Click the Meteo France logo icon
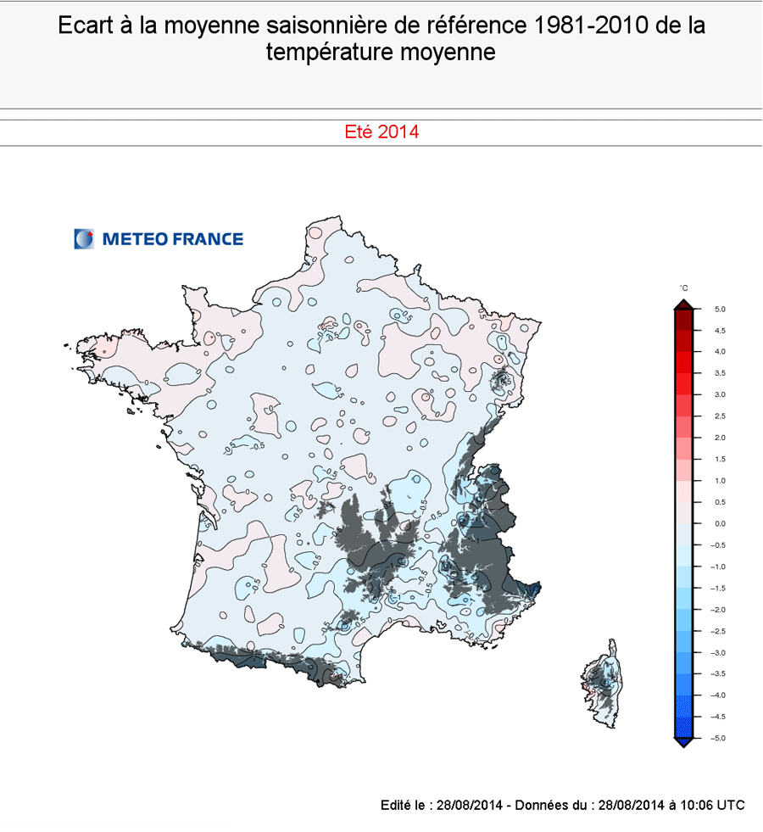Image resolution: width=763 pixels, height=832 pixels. [x=85, y=239]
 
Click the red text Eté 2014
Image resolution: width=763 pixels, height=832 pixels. [x=381, y=132]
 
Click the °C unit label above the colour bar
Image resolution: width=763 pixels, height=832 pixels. [x=684, y=289]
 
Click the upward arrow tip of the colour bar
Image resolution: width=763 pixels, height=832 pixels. [x=684, y=303]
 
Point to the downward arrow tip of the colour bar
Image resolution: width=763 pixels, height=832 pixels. [x=684, y=744]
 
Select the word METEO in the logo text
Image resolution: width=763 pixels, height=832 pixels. [x=134, y=239]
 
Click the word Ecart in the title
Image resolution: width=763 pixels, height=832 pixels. [x=84, y=25]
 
